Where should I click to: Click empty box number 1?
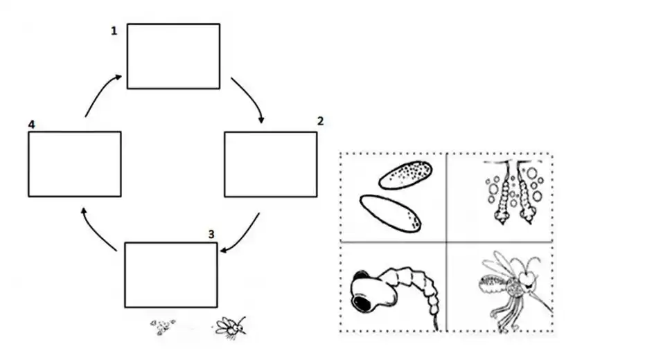173,56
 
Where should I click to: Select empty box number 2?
271,164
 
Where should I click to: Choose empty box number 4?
75,164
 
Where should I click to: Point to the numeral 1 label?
114,31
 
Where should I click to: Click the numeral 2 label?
319,121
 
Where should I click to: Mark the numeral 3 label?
211,234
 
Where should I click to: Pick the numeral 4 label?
32,125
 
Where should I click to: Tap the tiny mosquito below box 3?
230,325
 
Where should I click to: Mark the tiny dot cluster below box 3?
163,327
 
